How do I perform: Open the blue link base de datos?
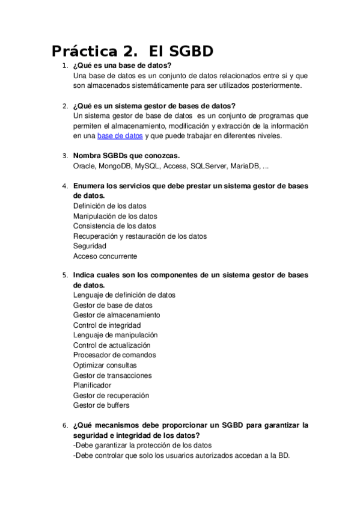[x=120, y=136]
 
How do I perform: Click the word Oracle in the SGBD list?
[x=84, y=165]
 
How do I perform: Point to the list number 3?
[x=65, y=156]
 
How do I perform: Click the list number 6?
[x=65, y=425]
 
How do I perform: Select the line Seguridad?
[x=90, y=246]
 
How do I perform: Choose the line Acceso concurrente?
[x=105, y=256]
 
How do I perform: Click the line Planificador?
[x=92, y=385]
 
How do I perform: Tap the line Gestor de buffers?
[x=101, y=405]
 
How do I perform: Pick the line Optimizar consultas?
[x=105, y=365]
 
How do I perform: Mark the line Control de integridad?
[x=107, y=325]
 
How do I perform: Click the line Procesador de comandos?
[x=114, y=355]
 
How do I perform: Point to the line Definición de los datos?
[x=109, y=206]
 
